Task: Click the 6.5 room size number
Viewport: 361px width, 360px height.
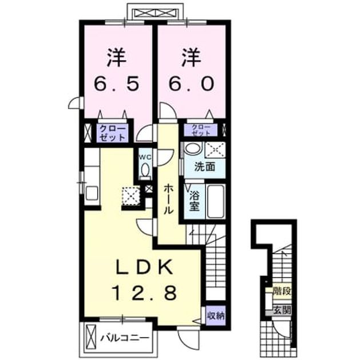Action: click(117, 83)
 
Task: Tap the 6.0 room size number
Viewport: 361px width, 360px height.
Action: click(191, 83)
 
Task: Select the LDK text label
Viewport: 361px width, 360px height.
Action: click(144, 267)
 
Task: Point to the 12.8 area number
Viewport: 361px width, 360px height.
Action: click(145, 293)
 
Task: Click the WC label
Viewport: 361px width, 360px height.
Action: click(145, 157)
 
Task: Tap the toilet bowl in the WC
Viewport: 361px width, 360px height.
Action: click(145, 170)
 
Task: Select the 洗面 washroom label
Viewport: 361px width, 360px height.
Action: click(205, 166)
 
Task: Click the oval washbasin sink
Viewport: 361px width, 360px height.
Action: click(193, 149)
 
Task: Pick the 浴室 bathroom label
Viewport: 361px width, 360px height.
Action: click(195, 201)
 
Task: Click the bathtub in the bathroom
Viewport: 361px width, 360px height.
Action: click(216, 201)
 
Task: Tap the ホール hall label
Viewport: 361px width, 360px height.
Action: click(168, 199)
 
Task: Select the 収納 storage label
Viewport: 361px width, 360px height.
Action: click(215, 316)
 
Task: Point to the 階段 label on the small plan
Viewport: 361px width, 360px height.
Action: click(281, 291)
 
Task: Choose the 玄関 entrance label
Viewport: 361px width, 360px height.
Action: click(282, 311)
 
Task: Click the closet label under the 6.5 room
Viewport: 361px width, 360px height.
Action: click(113, 133)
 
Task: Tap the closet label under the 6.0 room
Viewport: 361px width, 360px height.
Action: click(201, 130)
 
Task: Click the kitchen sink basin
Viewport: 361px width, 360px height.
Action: click(92, 193)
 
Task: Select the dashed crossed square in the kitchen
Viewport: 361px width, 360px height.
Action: click(131, 196)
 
